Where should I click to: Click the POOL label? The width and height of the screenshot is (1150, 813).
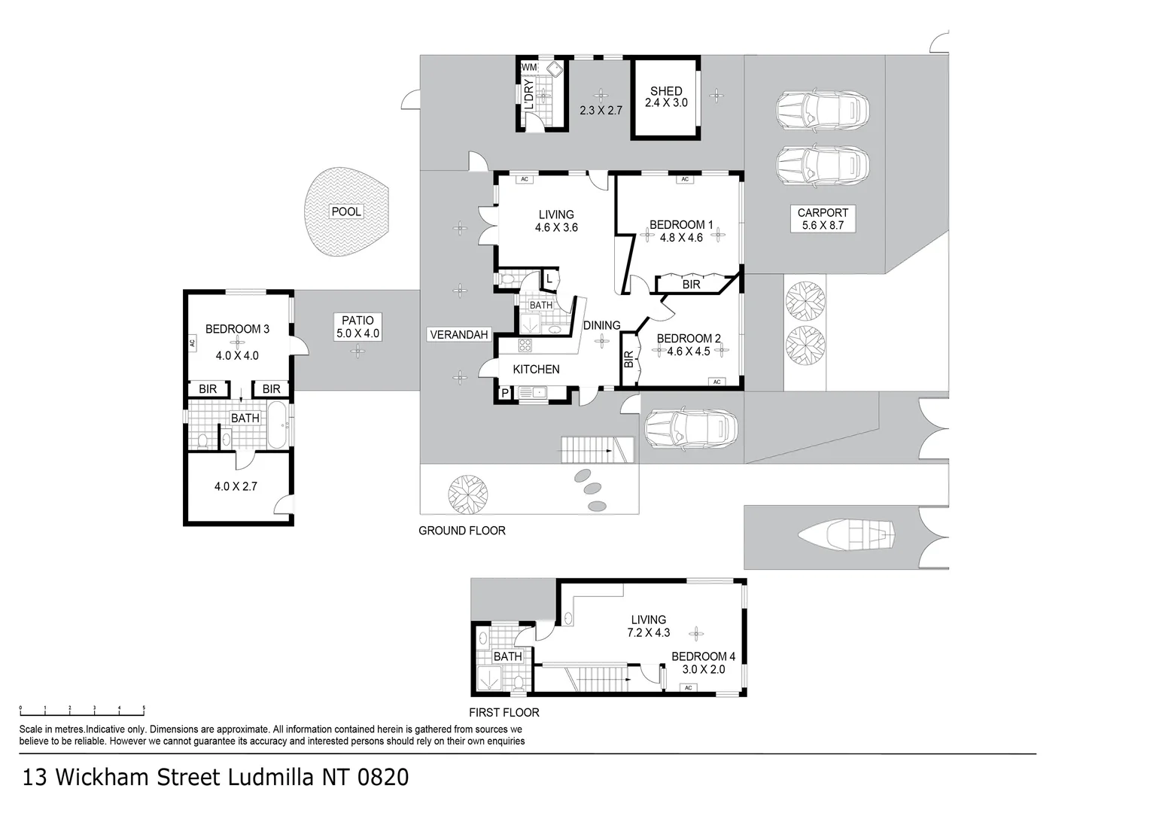[x=346, y=212]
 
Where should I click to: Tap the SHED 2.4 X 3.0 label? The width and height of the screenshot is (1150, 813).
[x=666, y=97]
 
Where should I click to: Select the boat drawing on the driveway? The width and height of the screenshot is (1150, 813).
[x=847, y=535]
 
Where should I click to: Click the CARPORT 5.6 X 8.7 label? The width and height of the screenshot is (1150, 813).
[x=823, y=219]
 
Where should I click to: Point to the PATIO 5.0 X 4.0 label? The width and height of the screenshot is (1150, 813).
[x=357, y=327]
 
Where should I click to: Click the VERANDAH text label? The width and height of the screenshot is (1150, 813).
[x=459, y=335]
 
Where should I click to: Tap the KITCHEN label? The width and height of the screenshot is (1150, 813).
[x=536, y=370]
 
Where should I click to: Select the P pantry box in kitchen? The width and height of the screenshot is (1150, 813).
[x=504, y=393]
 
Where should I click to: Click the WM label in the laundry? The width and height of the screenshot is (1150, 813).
[x=529, y=68]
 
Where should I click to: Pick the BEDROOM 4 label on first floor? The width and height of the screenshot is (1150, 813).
[x=698, y=656]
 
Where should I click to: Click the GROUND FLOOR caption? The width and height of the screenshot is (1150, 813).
[x=461, y=531]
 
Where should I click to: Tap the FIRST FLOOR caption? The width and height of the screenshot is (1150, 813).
[x=504, y=712]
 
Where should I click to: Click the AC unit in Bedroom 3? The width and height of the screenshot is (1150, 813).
[x=192, y=343]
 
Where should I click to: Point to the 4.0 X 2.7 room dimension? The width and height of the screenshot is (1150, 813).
[x=236, y=486]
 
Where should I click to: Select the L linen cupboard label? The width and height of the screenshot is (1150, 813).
[x=549, y=279]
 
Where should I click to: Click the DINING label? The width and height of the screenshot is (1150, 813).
[x=601, y=325]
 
